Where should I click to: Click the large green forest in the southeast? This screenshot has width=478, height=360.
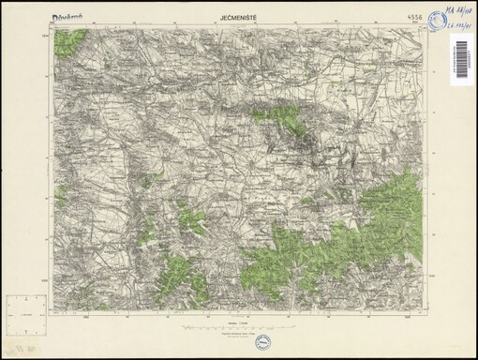(366, 234)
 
